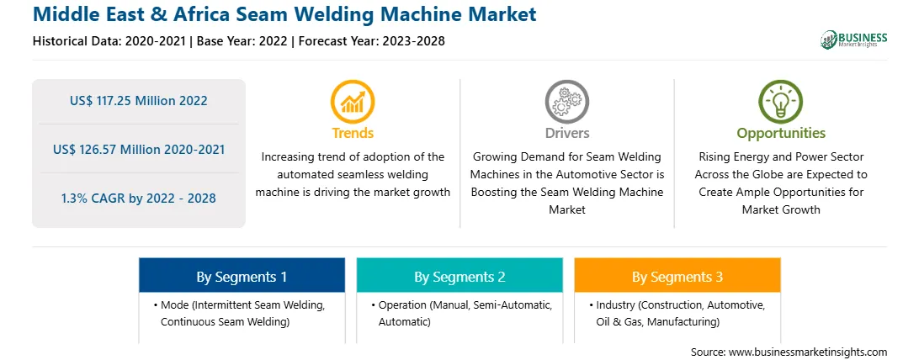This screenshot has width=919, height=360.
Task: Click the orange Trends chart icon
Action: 353,101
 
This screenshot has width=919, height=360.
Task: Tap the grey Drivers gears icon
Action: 566,101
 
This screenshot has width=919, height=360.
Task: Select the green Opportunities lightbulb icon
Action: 781,101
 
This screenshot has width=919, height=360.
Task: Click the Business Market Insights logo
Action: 854,40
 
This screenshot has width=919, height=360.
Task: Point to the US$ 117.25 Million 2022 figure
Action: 138,101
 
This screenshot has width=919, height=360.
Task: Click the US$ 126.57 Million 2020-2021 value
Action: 138,149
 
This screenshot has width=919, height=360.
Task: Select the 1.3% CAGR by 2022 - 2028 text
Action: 138,199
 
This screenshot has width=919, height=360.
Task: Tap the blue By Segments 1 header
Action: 242,276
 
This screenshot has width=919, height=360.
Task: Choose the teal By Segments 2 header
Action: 459,276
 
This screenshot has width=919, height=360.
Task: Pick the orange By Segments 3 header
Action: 677,276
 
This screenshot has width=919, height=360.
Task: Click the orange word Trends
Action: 353,133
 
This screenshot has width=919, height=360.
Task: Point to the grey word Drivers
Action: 566,133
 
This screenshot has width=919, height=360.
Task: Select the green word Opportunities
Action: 781,133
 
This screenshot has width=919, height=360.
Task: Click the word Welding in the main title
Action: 339,13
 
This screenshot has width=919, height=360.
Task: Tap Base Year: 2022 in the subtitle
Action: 242,41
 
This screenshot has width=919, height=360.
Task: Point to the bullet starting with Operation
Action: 461,313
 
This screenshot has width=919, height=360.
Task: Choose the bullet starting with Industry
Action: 677,313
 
